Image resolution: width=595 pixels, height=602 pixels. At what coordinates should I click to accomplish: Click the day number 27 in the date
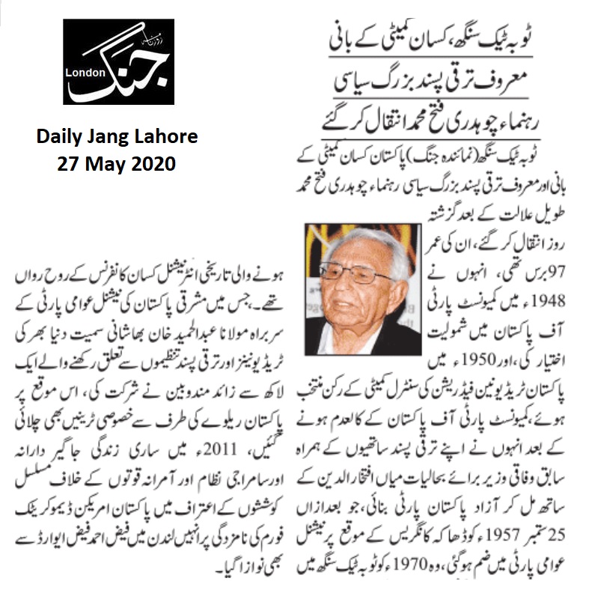(x=70, y=164)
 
